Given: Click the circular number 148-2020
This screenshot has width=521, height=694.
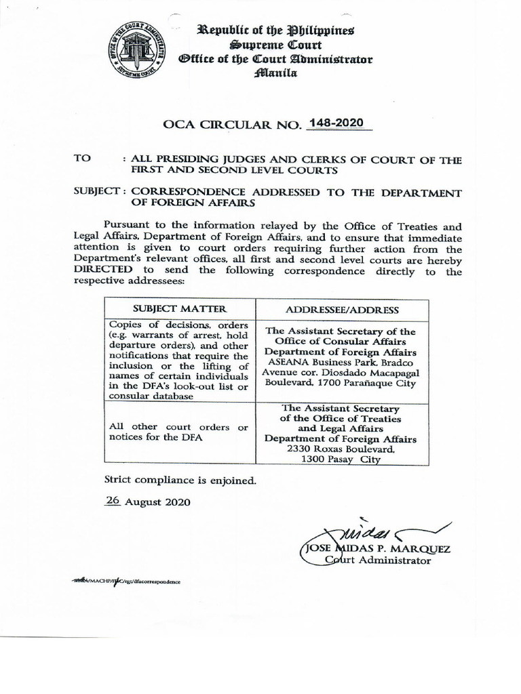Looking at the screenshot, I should pos(336,123).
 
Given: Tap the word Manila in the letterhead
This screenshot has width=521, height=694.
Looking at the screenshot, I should pos(276,73).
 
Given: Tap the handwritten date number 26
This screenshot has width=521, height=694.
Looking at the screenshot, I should pos(112,502).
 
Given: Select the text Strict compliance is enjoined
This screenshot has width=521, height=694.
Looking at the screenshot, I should pos(180,481).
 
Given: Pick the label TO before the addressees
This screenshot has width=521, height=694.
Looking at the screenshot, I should pos(82,158).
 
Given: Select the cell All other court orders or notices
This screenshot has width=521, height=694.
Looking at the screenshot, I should pos(178,432).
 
